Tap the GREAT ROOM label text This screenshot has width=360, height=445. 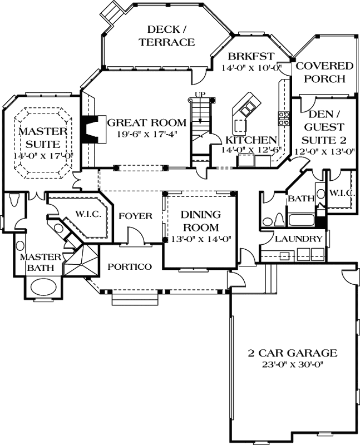point(146,122)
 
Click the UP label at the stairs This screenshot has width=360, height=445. point(199,94)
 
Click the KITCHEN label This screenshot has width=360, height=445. point(251,140)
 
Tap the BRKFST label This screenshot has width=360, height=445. point(250,56)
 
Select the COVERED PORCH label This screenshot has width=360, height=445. point(324,72)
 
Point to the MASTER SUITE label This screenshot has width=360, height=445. point(43,139)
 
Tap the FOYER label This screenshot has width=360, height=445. point(136,216)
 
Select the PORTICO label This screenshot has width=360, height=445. point(130,266)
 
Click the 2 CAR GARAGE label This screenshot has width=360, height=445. point(293,353)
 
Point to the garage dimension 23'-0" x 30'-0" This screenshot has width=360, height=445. point(293,364)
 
